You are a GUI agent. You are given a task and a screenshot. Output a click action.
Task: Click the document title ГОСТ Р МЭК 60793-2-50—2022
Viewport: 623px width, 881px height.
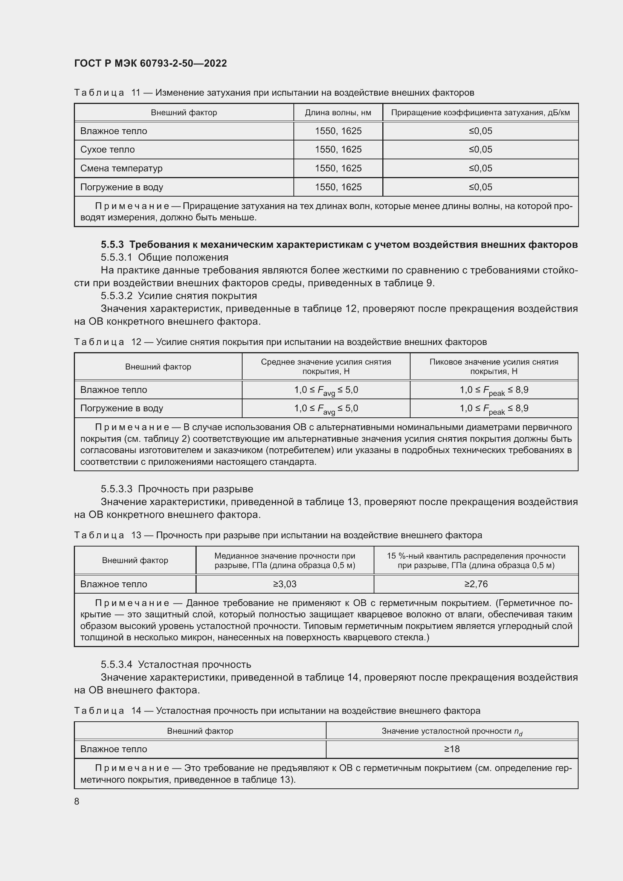tap(150, 63)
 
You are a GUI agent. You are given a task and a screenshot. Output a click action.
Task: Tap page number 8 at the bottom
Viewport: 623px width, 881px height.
tap(77, 801)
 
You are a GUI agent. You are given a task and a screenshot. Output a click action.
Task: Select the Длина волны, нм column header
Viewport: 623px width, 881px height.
tap(337, 112)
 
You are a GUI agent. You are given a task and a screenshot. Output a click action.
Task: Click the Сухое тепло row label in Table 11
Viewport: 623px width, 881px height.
tap(107, 149)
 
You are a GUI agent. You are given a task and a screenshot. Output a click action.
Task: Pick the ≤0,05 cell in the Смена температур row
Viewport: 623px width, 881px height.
tap(480, 168)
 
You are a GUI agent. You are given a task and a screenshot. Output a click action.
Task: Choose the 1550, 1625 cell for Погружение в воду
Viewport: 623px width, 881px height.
tap(338, 187)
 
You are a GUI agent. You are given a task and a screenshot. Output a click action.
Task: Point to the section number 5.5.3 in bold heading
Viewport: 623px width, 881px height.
tap(112, 244)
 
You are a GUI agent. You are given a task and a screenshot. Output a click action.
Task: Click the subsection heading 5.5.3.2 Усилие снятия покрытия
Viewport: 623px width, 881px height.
tap(179, 295)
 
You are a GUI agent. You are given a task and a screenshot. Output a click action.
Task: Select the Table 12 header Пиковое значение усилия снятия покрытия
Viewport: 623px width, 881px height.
tap(494, 366)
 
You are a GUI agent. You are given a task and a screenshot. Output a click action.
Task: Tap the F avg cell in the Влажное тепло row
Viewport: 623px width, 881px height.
tap(326, 390)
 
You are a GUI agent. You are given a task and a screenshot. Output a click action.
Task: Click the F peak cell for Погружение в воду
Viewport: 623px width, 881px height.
tap(494, 409)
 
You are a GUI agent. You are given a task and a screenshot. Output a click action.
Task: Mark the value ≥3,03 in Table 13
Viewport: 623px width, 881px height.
tap(285, 584)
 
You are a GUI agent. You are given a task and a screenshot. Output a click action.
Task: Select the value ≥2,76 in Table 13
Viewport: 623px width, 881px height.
tap(476, 584)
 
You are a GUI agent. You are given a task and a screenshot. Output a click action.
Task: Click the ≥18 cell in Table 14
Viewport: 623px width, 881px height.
tap(452, 749)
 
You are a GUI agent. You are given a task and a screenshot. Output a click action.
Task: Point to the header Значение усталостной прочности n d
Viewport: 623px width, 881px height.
tap(452, 731)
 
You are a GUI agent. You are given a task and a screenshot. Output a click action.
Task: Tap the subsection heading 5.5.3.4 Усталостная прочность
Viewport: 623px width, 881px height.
tap(176, 664)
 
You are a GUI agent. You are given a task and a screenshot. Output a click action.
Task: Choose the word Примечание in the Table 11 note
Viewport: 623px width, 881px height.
tap(131, 206)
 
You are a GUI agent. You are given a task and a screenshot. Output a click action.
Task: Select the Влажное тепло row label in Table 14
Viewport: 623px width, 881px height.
tap(113, 749)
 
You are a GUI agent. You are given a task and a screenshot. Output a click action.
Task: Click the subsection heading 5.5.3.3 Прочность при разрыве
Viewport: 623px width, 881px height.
tap(177, 489)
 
